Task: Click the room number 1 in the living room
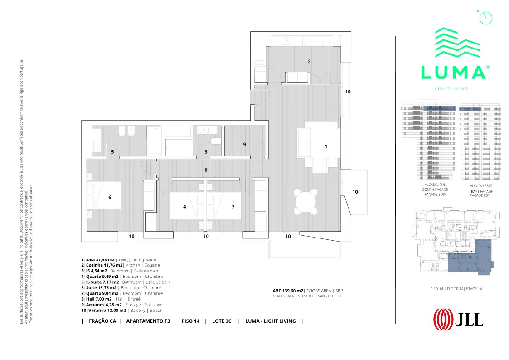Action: coord(325,146)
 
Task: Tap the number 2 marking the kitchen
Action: coord(309,62)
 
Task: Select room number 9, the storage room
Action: coord(244,145)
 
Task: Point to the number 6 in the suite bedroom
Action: coord(110,197)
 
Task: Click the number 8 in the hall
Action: coord(206,170)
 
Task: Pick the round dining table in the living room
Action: coord(305,201)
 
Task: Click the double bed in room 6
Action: coord(104,195)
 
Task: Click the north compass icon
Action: coord(485,17)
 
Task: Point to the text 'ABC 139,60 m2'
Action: coord(288,290)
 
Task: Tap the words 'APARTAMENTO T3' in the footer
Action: coord(148,321)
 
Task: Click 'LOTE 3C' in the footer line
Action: coord(222,321)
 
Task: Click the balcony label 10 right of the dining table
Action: coord(355,192)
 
